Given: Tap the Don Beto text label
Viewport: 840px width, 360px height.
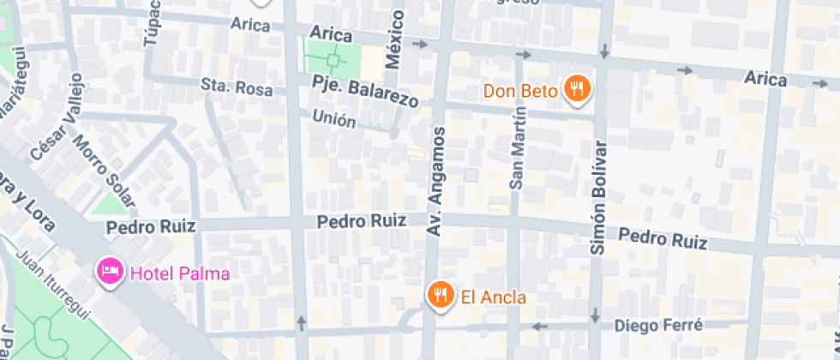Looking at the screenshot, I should coord(521,90).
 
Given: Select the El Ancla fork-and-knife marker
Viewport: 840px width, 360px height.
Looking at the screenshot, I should coord(440,296).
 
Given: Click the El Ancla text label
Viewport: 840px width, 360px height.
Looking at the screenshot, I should coord(493,297).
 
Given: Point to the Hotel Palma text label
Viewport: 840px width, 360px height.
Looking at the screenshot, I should coord(180,274).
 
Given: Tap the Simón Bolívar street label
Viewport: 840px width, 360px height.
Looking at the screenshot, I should coord(598,197).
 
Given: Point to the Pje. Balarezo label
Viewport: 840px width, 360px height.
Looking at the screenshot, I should coord(366,92).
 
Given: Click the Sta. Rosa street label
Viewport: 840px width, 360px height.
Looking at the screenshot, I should coord(237,87).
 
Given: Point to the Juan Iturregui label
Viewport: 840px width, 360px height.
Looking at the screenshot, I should coord(53,284).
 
